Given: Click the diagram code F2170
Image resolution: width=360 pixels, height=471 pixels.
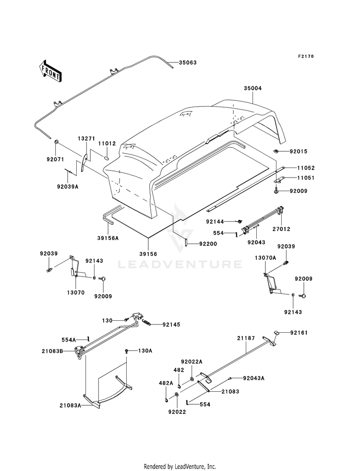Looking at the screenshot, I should click(305, 56).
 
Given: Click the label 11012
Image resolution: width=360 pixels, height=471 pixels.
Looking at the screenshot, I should click(108, 144).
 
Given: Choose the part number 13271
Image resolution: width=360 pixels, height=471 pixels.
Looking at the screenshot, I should click(86, 138).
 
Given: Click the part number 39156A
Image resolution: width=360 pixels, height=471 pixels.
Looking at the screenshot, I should click(108, 237).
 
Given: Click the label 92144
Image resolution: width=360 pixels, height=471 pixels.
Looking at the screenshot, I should click(216, 221).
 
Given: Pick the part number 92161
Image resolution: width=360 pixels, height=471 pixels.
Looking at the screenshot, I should click(301, 332).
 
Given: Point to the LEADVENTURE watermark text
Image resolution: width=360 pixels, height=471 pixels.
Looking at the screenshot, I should click(180, 264).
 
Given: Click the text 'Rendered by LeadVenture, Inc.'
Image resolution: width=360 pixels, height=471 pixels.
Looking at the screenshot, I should click(180, 466).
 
